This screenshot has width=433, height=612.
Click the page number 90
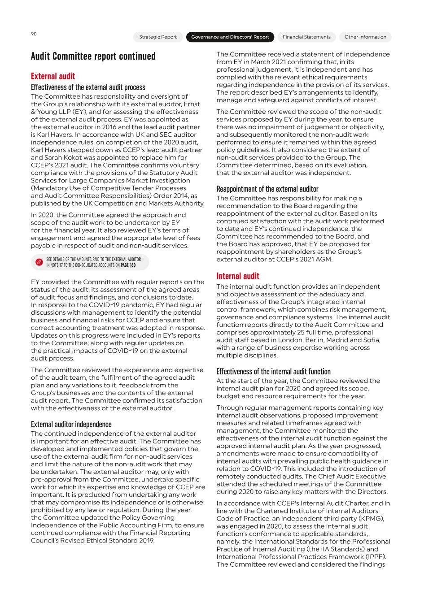(34, 34)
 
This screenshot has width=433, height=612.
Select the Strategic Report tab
(158, 37)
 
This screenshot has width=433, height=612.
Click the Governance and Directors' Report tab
(230, 37)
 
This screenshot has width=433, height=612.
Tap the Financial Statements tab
(306, 37)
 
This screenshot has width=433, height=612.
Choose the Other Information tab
(365, 37)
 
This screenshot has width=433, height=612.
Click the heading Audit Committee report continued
(93, 56)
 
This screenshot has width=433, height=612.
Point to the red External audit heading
(53, 76)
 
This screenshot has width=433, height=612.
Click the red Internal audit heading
(238, 276)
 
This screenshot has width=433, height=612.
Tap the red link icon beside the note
(39, 262)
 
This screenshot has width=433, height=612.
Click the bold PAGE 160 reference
(128, 265)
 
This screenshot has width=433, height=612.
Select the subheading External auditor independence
(71, 424)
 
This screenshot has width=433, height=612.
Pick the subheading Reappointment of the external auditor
(267, 189)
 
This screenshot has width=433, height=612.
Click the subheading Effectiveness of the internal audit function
(273, 371)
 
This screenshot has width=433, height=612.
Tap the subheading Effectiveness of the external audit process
(88, 87)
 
